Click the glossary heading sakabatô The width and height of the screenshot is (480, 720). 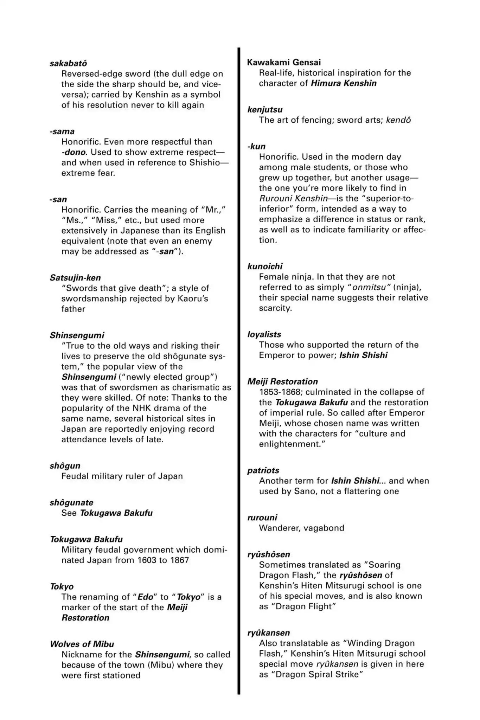coord(68,63)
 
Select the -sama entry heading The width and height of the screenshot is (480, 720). coord(62,131)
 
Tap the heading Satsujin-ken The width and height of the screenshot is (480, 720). coord(75,278)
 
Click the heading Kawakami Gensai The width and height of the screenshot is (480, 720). coord(284,62)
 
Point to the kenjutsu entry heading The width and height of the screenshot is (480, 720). coord(265,110)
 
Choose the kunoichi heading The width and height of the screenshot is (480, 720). coord(265,266)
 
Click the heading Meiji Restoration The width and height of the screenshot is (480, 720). coord(282,381)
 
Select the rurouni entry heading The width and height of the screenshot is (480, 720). coord(262,517)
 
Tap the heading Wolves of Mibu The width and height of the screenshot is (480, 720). coord(82,644)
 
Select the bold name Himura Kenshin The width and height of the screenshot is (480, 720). coord(344,83)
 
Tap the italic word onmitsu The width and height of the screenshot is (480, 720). coord(369,287)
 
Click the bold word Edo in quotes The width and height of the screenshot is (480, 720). coord(145,597)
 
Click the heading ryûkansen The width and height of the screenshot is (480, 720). coord(269,633)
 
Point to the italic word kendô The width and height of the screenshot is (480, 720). coord(398,120)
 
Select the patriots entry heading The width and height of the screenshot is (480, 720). coord(263,470)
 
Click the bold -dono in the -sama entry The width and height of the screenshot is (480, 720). coord(73,152)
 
